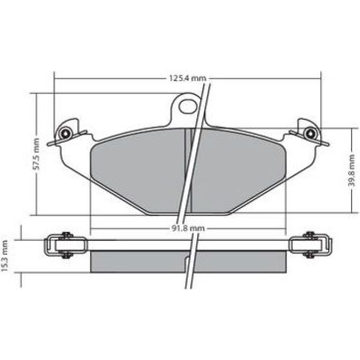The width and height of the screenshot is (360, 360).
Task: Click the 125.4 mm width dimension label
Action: click(x=187, y=78)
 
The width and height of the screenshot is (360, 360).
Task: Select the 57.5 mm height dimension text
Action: click(x=36, y=154)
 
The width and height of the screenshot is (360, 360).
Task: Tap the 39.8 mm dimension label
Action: click(x=351, y=170)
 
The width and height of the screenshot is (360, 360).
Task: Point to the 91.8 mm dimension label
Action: click(x=188, y=228)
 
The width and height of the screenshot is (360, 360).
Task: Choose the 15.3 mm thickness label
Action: click(x=5, y=256)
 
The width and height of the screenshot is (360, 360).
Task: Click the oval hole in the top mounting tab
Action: click(x=188, y=107)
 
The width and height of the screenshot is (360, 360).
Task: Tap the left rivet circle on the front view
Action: click(x=65, y=133)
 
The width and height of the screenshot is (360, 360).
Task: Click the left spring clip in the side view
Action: click(x=66, y=245)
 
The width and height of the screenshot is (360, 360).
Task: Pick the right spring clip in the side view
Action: click(x=310, y=245)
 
